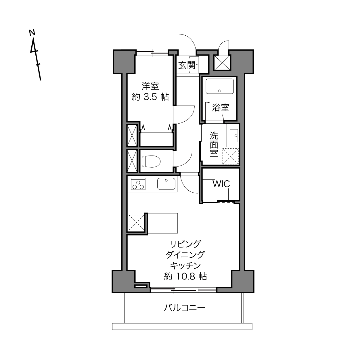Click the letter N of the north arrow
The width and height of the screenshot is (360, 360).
point(32,32)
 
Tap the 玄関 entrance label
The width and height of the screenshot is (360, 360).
point(187,65)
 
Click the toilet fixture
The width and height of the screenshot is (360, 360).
point(151,161)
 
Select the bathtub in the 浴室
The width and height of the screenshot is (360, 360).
point(219,86)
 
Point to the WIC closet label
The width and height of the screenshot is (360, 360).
point(221,184)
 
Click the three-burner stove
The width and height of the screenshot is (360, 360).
point(138,184)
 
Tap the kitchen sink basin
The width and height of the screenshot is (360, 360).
point(166,184)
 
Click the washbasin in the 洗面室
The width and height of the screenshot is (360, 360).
point(234,136)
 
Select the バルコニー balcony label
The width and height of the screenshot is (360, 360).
point(184,307)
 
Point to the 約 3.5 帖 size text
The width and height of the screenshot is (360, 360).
point(150,97)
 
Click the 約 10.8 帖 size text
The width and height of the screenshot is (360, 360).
point(185,276)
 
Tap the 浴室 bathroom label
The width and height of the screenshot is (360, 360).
point(221,108)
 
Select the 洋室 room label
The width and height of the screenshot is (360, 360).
point(150,86)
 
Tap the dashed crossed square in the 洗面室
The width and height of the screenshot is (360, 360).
point(231,156)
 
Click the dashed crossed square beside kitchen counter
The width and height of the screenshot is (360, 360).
point(137,223)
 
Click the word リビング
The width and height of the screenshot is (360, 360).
point(185,244)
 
